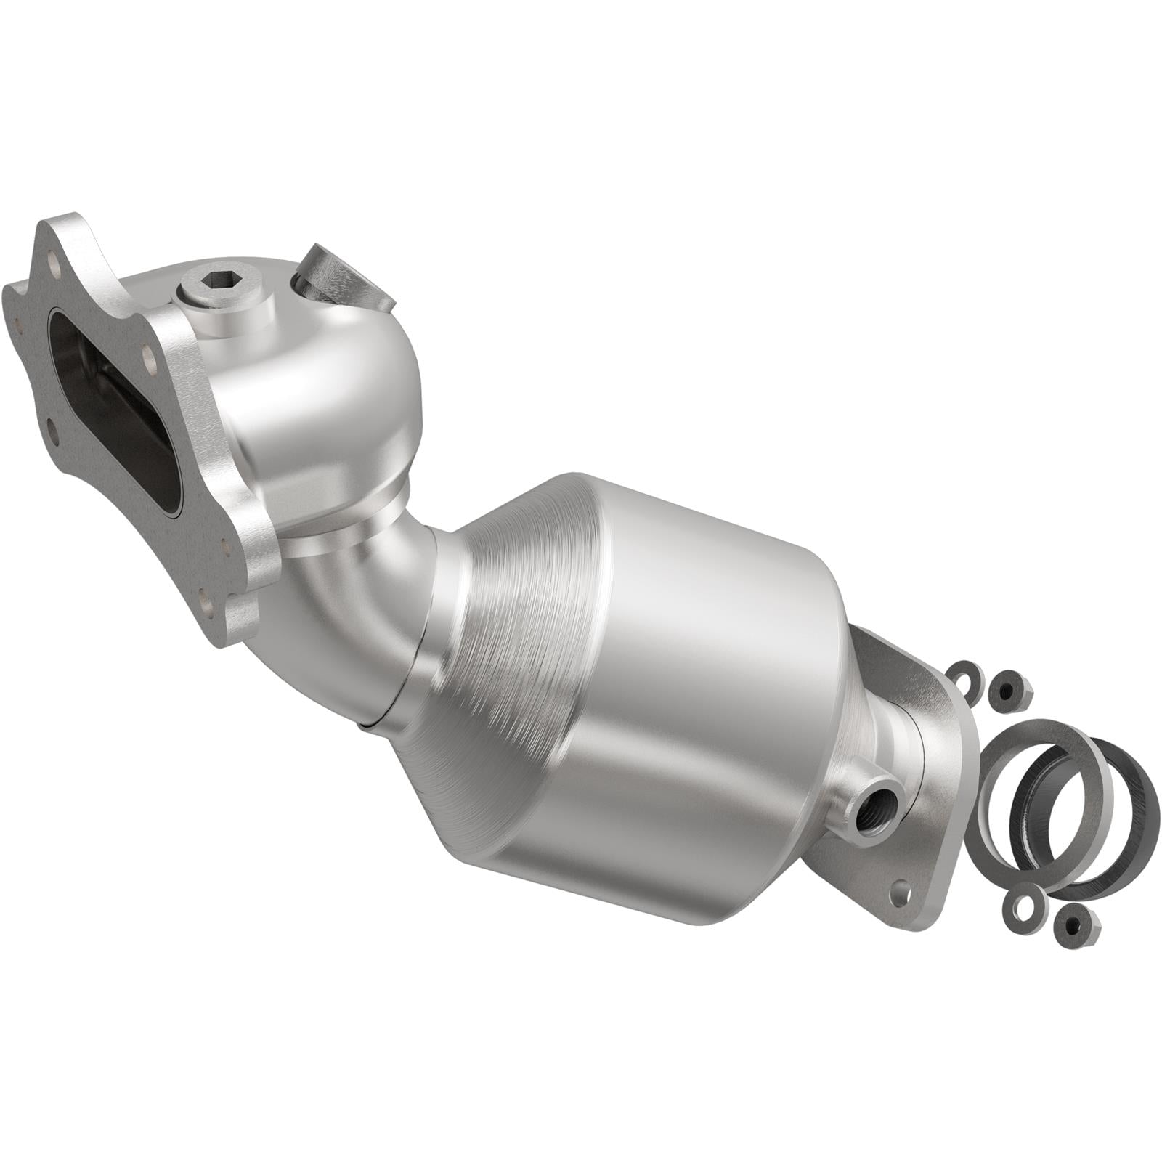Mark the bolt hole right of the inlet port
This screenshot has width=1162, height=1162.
click(150, 356)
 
